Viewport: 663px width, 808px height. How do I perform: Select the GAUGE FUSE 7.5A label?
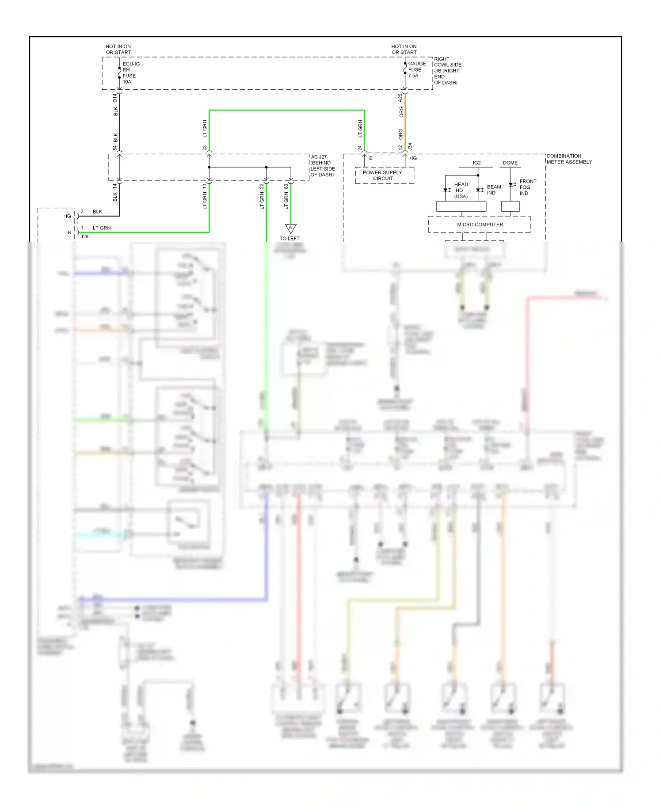coord(416,69)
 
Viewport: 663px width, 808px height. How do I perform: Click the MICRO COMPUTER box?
coord(480,225)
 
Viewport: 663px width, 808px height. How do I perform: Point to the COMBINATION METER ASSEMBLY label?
coord(569,159)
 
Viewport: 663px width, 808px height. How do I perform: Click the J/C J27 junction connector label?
coord(322,166)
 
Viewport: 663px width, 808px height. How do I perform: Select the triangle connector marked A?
coord(290,228)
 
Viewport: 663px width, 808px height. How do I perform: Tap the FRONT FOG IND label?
coord(528,187)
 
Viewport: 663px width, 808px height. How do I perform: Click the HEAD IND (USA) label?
coord(461,190)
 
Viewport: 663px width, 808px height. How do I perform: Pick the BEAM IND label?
coord(494,190)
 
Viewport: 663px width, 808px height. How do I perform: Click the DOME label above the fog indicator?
coord(510,163)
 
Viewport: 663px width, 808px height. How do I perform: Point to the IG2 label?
coord(476,163)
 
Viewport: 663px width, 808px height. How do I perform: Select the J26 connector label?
coord(84,236)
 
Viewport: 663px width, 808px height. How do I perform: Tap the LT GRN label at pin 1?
coord(102,228)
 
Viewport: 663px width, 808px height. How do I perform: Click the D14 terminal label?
coord(115,98)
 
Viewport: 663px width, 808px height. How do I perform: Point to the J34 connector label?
coord(410,146)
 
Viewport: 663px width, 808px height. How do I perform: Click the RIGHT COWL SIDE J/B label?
coord(447,71)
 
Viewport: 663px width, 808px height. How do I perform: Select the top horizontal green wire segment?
coord(286,110)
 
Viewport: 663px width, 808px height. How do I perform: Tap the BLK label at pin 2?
coord(97,212)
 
